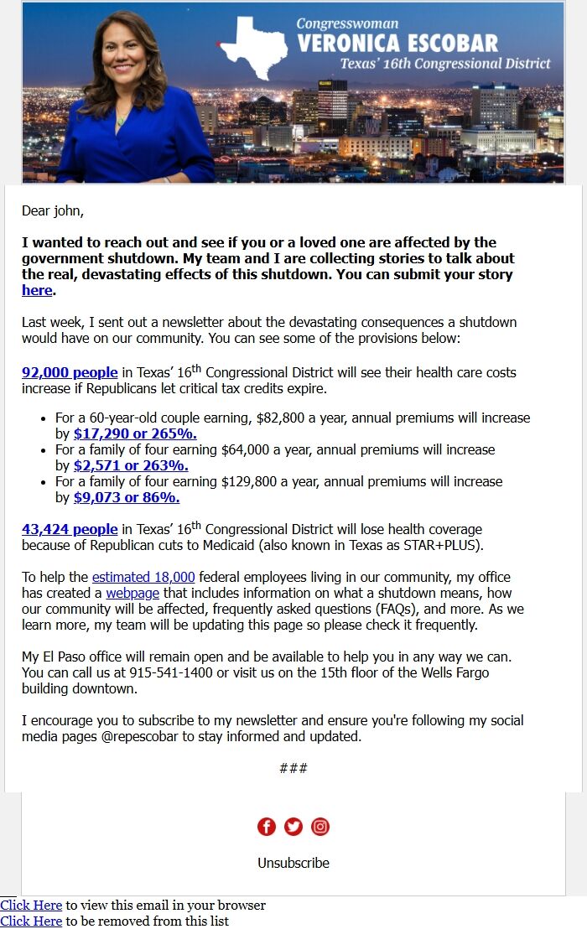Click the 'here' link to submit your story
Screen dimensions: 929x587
click(x=37, y=290)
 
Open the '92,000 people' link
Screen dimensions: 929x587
click(x=70, y=372)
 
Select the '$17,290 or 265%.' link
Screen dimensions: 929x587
click(x=135, y=433)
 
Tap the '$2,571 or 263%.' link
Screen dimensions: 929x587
click(x=131, y=465)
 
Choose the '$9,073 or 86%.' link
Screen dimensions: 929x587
click(x=127, y=497)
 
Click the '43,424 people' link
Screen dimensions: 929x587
click(x=70, y=529)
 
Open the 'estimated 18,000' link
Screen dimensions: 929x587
click(x=143, y=577)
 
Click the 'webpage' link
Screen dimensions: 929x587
click(x=132, y=593)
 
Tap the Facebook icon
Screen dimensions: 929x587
click(x=267, y=827)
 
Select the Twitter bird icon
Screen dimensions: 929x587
click(x=293, y=827)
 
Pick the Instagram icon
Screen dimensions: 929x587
click(x=320, y=827)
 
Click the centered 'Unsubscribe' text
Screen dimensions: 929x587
click(x=293, y=863)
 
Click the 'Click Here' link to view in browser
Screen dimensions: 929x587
click(x=31, y=906)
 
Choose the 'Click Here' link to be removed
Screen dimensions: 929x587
click(x=31, y=921)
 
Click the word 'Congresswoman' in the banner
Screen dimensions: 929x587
click(x=347, y=23)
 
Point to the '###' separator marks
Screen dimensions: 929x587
click(x=293, y=768)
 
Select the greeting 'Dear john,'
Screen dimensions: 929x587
click(x=53, y=210)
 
